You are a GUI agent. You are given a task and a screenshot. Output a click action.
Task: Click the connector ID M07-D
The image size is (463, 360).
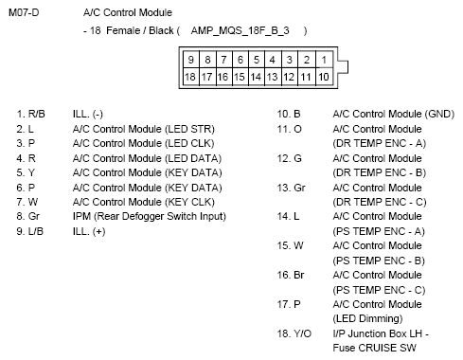(x=24, y=12)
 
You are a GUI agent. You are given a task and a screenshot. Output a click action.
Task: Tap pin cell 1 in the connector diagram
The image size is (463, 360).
(x=325, y=59)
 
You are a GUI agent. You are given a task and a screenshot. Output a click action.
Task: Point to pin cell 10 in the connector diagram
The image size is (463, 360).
(x=325, y=76)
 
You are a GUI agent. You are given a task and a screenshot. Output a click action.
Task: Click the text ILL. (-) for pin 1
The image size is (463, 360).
(x=87, y=112)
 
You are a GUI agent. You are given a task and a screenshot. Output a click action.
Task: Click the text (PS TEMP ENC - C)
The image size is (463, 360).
(x=376, y=289)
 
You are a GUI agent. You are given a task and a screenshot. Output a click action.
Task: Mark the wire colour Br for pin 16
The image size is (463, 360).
(x=298, y=274)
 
